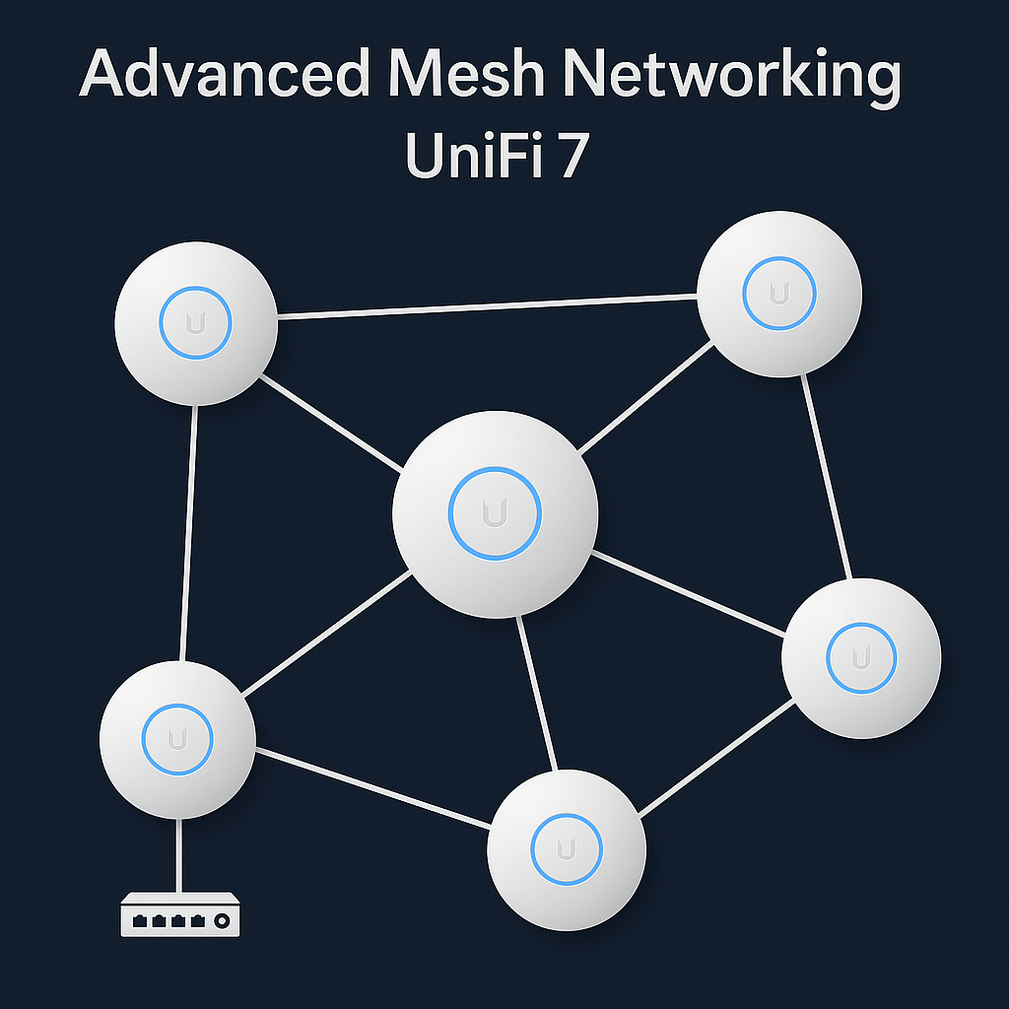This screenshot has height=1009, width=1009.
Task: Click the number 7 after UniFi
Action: click(x=571, y=158)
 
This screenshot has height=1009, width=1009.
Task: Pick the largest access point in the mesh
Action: click(x=495, y=513)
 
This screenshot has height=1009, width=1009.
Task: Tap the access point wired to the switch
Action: click(x=178, y=739)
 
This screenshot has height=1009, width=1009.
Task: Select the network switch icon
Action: click(x=179, y=916)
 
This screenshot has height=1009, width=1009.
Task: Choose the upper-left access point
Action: click(x=195, y=322)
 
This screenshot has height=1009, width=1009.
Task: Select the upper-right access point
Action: click(x=779, y=295)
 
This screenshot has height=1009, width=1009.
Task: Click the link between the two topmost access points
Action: click(x=488, y=305)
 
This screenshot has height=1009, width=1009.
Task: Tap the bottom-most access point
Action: click(x=567, y=849)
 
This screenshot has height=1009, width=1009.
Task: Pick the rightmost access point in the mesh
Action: click(x=861, y=657)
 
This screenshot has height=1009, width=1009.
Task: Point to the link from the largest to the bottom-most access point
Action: click(x=537, y=694)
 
